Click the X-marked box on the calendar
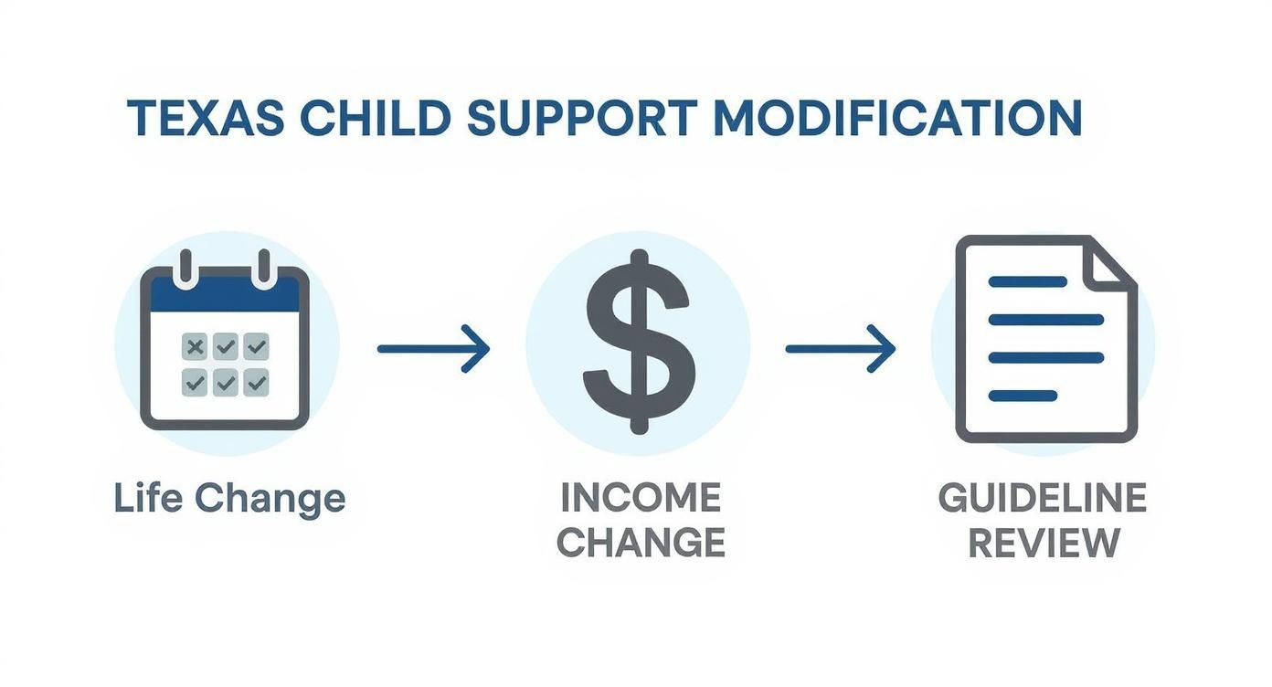(195, 347)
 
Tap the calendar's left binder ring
(186, 269)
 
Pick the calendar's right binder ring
(265, 269)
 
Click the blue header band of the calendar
(225, 295)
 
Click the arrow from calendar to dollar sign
(433, 348)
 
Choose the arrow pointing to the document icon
(841, 348)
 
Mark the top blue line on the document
(1028, 281)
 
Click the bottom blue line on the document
(1023, 396)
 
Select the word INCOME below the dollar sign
(640, 499)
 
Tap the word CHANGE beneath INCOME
(640, 544)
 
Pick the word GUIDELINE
(1042, 499)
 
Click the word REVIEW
(1043, 544)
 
